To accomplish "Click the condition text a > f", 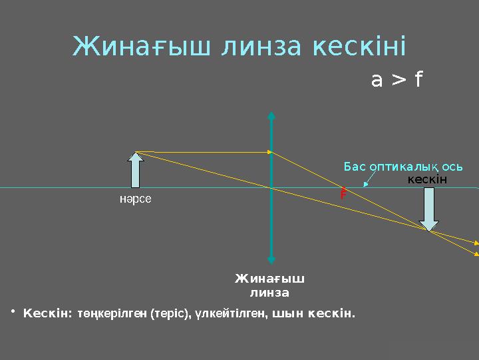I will (397, 81).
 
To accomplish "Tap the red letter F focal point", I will (343, 195).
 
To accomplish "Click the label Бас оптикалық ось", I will (402, 167).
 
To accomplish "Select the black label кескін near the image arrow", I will (426, 180).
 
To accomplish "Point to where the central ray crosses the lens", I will (271, 188).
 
